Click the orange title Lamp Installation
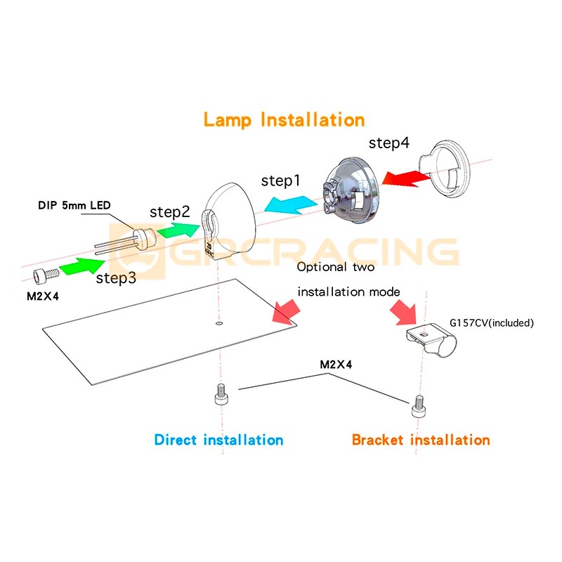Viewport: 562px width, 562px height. coord(284,119)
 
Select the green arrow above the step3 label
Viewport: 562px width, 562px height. coord(83,266)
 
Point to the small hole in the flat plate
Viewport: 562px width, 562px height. coord(220,324)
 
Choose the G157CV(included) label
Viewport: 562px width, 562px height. coord(492,323)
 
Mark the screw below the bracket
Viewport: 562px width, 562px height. coord(419,405)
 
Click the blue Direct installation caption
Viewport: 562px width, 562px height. coord(218,440)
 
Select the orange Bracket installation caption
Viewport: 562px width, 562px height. coord(421,440)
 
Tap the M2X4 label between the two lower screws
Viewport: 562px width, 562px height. coord(336,365)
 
